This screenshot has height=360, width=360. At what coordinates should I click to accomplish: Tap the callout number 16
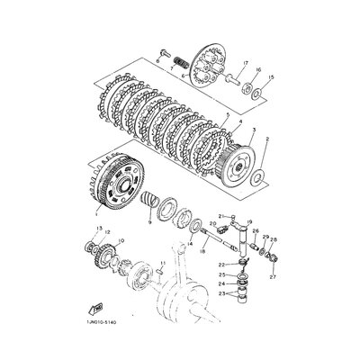(x=257, y=69)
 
